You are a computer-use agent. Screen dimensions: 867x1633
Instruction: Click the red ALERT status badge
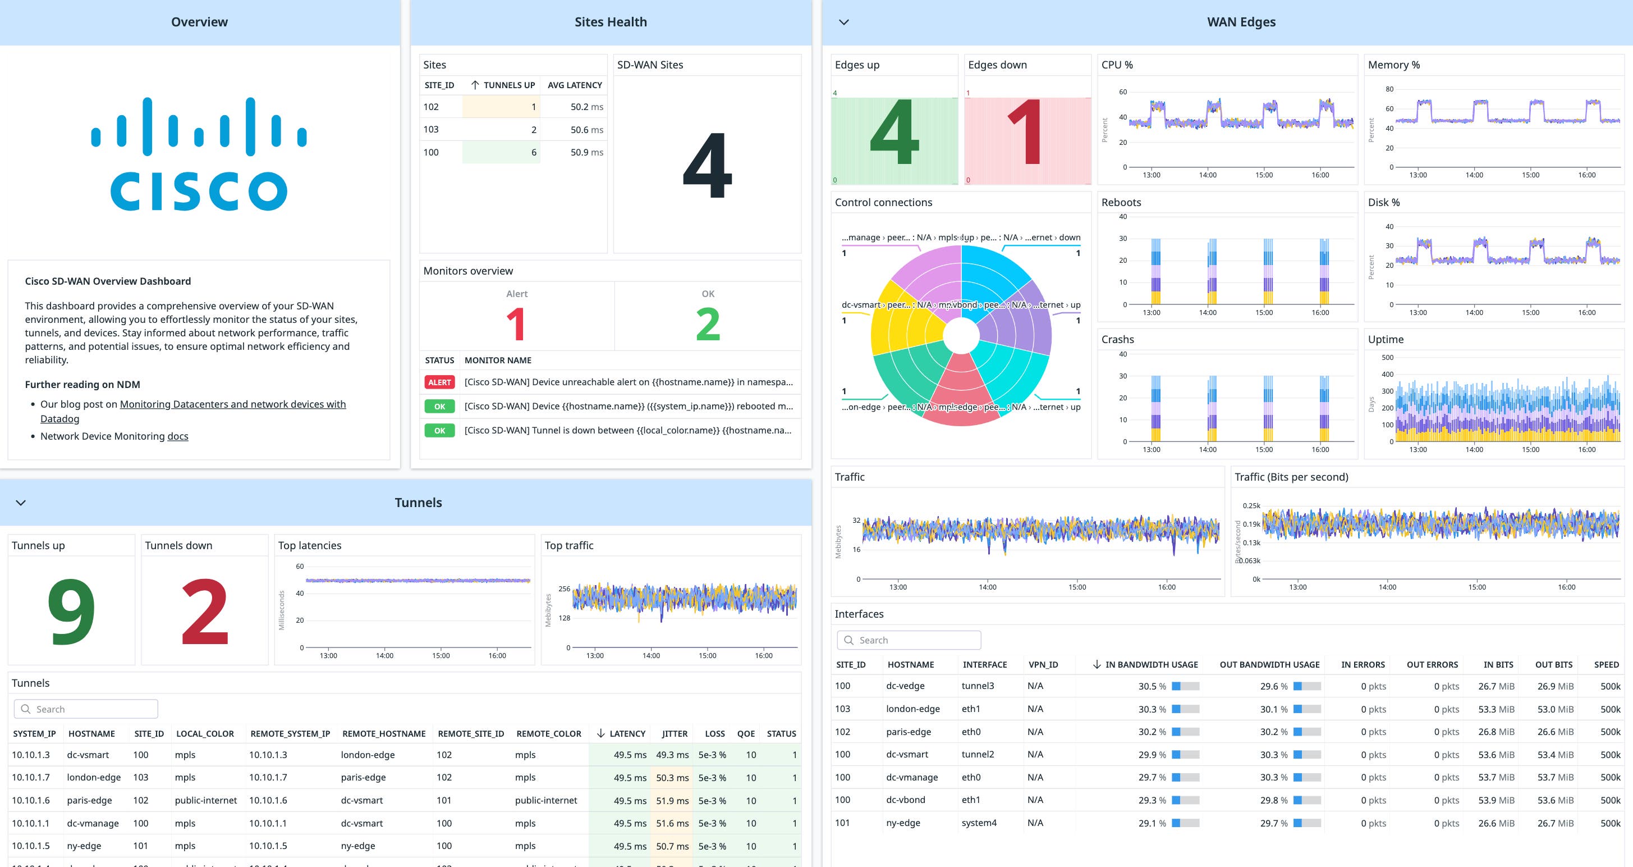439,382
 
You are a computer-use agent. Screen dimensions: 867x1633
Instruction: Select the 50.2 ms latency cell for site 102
586,107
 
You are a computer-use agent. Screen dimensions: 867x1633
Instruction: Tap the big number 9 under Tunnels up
71,612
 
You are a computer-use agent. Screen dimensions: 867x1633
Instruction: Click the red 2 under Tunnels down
204,612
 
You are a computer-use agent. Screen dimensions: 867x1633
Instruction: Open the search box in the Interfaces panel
909,640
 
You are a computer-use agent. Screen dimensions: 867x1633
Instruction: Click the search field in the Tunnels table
86,709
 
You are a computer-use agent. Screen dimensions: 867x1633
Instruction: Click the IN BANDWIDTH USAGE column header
1151,665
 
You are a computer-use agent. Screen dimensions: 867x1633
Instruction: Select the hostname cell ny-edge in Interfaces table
903,823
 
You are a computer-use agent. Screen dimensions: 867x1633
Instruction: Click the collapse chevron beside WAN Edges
844,22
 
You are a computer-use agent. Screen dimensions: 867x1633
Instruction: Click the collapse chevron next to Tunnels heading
21,503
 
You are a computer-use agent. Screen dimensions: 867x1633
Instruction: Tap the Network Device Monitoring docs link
177,436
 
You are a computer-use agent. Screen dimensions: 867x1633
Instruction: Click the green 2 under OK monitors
708,324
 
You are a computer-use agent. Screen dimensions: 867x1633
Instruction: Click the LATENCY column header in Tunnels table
626,734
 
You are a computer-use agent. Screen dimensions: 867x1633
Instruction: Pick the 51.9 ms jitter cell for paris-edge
672,800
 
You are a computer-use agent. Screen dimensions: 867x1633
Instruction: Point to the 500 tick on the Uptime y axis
1387,357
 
